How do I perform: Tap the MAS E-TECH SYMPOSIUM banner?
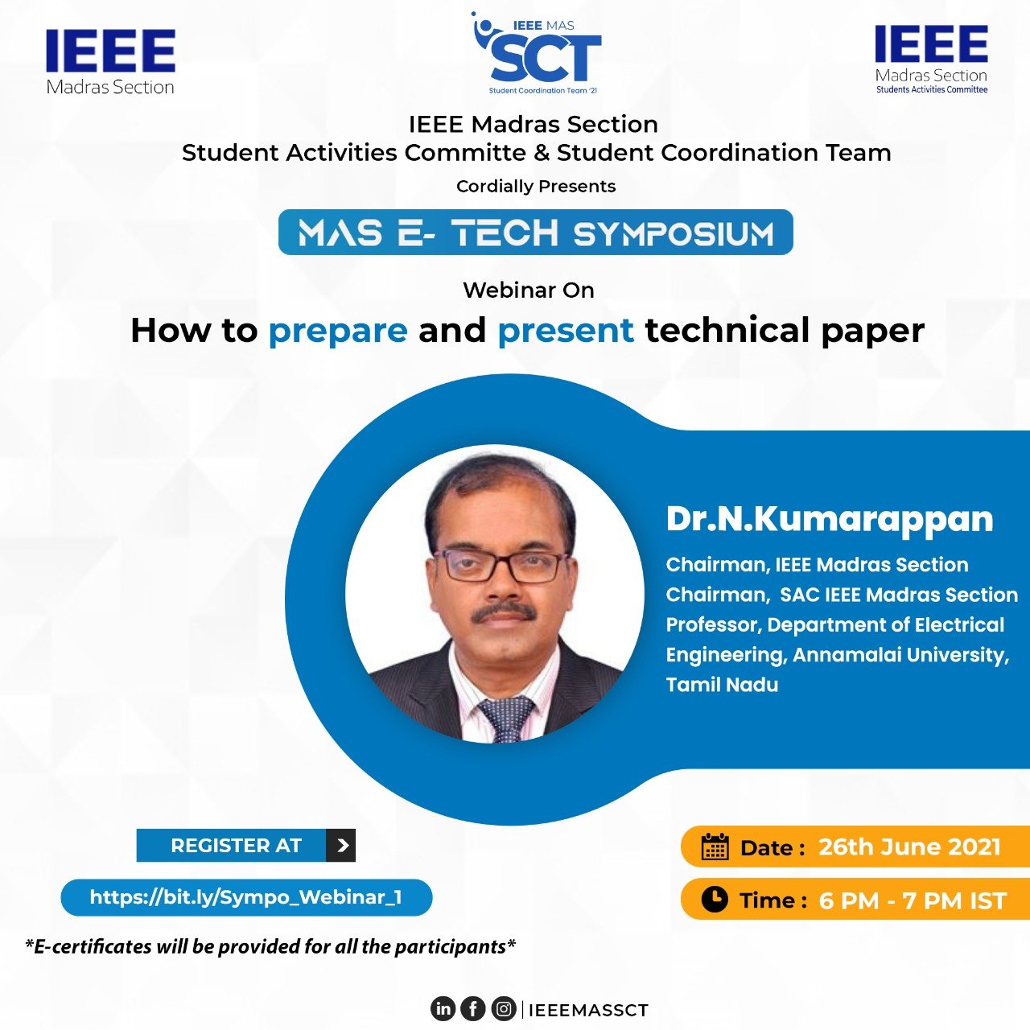pyautogui.click(x=536, y=232)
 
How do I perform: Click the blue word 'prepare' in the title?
pyautogui.click(x=338, y=332)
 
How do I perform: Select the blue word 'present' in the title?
pyautogui.click(x=566, y=331)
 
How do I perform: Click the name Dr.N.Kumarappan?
pyautogui.click(x=830, y=520)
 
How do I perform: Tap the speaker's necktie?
pyautogui.click(x=505, y=719)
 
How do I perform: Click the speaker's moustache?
pyautogui.click(x=503, y=612)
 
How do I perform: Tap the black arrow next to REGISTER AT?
pyautogui.click(x=341, y=845)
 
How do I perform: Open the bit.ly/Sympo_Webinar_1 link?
pyautogui.click(x=246, y=897)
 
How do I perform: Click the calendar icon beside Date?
pyautogui.click(x=715, y=847)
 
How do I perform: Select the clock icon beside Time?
pyautogui.click(x=714, y=900)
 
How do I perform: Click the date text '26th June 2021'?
pyautogui.click(x=909, y=847)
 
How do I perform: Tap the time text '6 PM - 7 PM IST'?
pyautogui.click(x=913, y=900)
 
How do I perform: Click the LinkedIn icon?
pyautogui.click(x=443, y=1008)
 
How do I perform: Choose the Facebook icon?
pyautogui.click(x=473, y=1008)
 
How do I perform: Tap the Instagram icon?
pyautogui.click(x=503, y=1008)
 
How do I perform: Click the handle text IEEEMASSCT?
pyautogui.click(x=588, y=1010)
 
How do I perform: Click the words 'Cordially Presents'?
pyautogui.click(x=536, y=186)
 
